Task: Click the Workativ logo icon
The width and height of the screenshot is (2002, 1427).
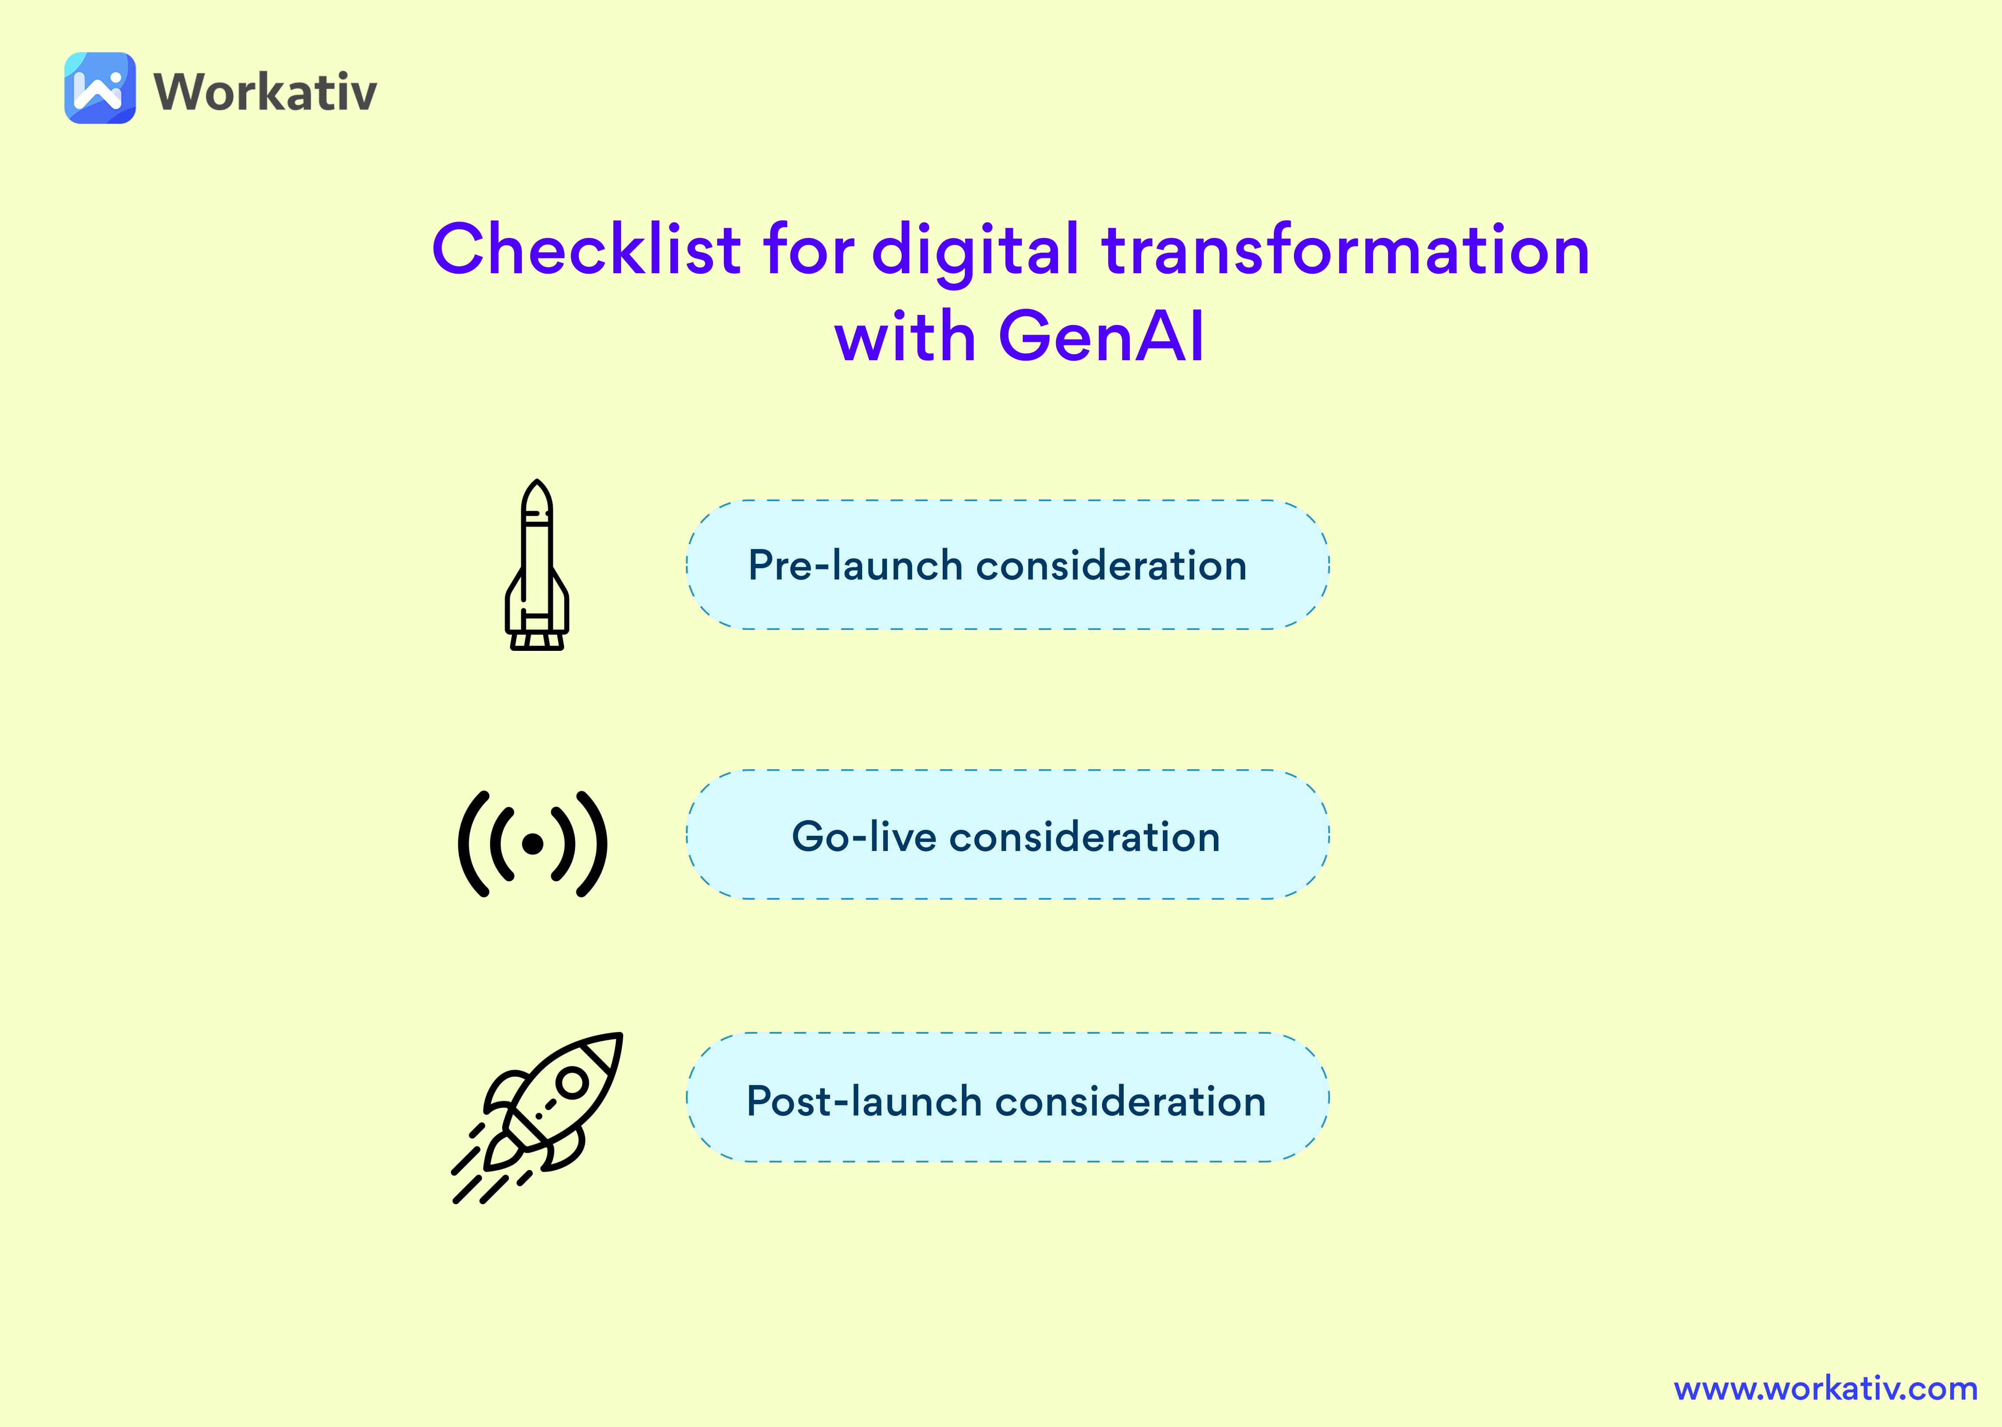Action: [x=100, y=88]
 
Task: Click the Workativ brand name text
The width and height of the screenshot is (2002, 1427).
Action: [x=265, y=91]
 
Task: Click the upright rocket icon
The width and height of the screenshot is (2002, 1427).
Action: [x=537, y=565]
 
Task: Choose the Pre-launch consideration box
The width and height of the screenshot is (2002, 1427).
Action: [x=1007, y=565]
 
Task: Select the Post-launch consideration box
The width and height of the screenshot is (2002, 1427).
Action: [x=1007, y=1098]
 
